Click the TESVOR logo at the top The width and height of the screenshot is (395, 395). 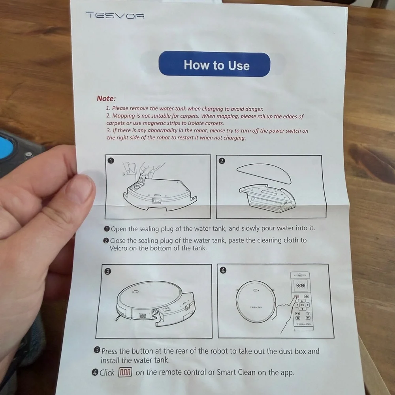[x=115, y=16]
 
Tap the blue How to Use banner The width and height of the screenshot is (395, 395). [x=214, y=64]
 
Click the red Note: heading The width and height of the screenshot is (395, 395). [x=106, y=98]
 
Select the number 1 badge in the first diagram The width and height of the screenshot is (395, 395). [x=111, y=160]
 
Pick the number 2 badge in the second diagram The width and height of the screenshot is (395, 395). [x=222, y=161]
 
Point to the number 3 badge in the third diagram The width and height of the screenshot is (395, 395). [x=107, y=272]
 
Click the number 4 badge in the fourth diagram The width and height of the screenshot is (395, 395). [x=223, y=270]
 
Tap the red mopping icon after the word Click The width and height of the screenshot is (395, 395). [x=125, y=372]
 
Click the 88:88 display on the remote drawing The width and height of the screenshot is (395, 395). [x=301, y=286]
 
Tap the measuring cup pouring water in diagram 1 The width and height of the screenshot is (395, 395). [x=130, y=168]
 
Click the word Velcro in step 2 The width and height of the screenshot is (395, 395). [x=118, y=248]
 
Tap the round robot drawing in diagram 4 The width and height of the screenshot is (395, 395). [x=256, y=301]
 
